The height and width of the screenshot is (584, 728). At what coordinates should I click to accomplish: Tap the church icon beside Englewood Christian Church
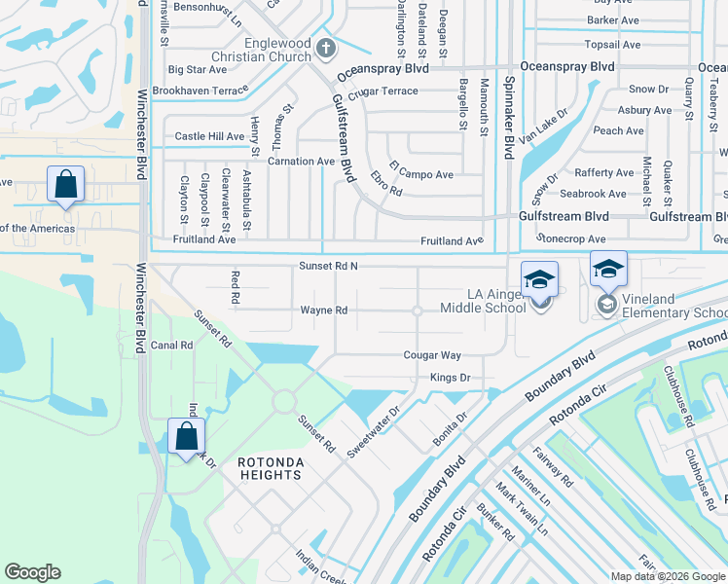click(326, 48)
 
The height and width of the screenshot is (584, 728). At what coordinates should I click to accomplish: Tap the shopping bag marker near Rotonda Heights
click(186, 437)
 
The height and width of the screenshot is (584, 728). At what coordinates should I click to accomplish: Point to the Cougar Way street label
click(432, 356)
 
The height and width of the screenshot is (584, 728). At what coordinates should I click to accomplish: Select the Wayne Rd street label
click(323, 310)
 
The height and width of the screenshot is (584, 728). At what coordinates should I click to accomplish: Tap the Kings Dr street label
click(450, 378)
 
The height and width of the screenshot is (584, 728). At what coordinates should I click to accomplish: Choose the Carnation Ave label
click(301, 162)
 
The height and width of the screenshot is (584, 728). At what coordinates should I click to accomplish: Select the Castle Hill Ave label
click(208, 137)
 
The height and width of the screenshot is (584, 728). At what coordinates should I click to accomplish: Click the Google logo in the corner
click(33, 572)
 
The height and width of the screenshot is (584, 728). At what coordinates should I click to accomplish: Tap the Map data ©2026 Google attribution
click(668, 576)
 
